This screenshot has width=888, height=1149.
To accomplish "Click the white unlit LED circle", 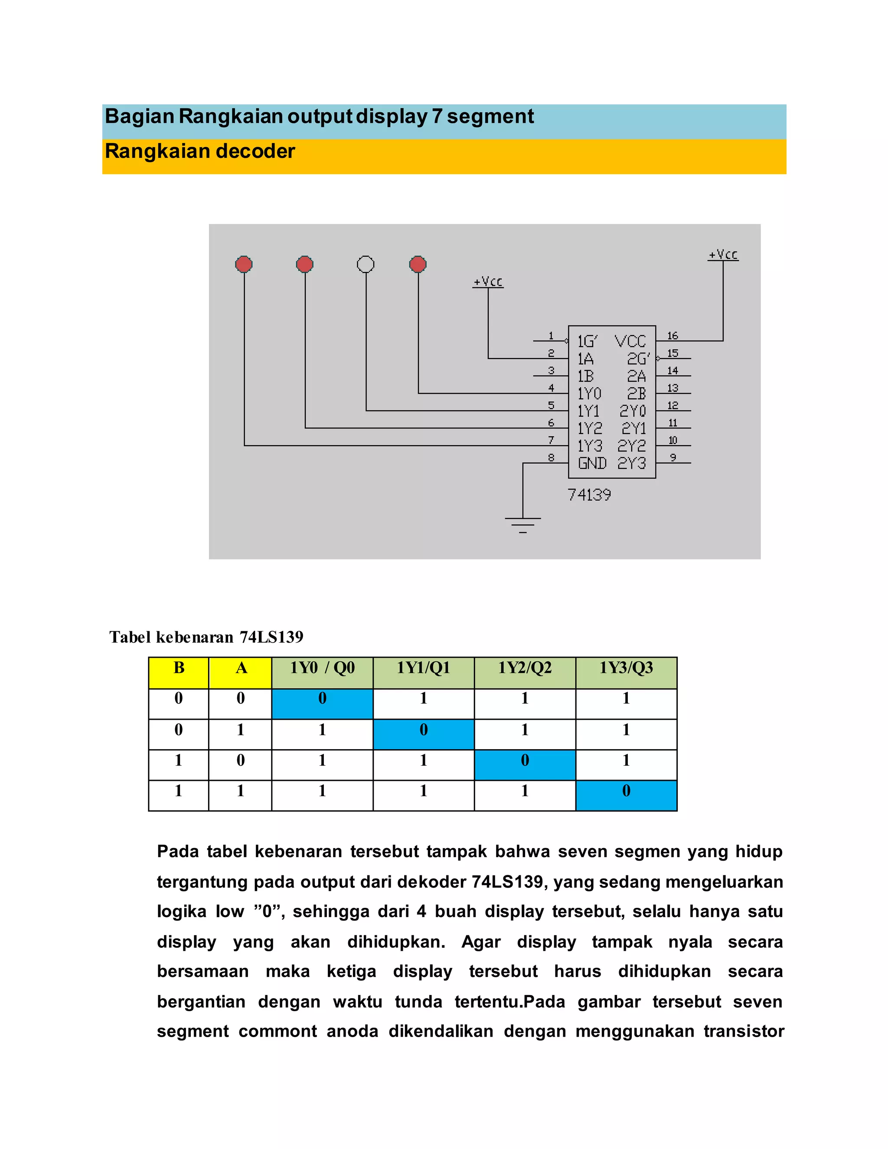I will (366, 264).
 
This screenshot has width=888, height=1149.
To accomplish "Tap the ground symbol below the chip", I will (522, 524).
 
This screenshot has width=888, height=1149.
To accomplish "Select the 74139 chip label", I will (589, 495).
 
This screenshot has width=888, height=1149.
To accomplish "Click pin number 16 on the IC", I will (673, 336).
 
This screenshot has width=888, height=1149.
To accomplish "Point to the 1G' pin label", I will (587, 341).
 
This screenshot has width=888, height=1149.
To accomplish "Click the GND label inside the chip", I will (592, 464).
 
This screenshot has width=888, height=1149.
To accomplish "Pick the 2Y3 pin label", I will (631, 464).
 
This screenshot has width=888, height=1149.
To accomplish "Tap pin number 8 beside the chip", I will (551, 457).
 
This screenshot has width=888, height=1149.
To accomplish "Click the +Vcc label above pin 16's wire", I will (723, 255).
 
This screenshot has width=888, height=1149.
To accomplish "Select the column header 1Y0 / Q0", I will (322, 668).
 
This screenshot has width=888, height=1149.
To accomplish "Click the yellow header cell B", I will (179, 668).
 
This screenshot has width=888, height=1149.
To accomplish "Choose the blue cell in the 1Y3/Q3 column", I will (626, 791).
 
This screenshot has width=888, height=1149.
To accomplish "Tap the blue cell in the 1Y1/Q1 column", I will (424, 730).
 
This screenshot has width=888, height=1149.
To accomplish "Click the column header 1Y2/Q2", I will (525, 668).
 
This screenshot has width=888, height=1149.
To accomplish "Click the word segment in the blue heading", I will (490, 116).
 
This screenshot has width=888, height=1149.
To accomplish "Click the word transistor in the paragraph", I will (743, 1031).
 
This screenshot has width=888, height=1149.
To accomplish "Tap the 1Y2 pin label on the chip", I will (590, 428).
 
